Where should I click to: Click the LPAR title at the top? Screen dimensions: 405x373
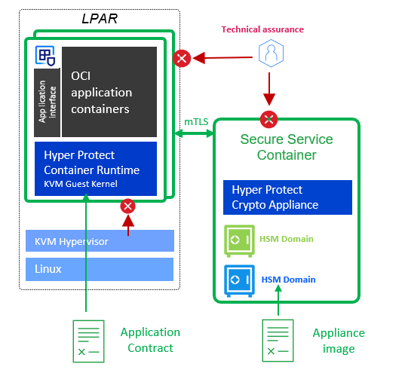(x=100, y=19)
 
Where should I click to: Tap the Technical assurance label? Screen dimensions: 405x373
(x=262, y=29)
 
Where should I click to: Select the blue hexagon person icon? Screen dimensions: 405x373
(x=271, y=54)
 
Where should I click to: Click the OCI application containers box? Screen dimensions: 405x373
(x=109, y=92)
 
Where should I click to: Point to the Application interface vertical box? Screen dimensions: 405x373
(x=47, y=102)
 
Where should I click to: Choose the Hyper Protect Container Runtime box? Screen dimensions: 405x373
(x=96, y=169)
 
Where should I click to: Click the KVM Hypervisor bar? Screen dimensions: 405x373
(x=100, y=240)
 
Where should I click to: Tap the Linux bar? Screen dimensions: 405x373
(x=100, y=269)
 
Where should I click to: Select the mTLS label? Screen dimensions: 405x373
(x=196, y=121)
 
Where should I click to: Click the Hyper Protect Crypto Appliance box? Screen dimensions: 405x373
(x=287, y=197)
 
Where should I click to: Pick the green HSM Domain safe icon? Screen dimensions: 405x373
(x=239, y=241)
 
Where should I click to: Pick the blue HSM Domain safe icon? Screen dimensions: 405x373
(x=239, y=281)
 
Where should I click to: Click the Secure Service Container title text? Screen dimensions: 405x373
(x=287, y=147)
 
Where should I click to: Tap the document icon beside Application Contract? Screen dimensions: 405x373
(x=88, y=341)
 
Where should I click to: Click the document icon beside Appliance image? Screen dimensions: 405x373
(x=278, y=341)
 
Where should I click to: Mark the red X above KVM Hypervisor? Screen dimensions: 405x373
(x=128, y=206)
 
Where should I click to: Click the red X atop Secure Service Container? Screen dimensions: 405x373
(x=269, y=119)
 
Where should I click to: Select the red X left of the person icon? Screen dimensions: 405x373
(x=182, y=58)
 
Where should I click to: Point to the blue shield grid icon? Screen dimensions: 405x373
(x=45, y=56)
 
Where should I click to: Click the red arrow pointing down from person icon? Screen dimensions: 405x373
(x=269, y=89)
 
